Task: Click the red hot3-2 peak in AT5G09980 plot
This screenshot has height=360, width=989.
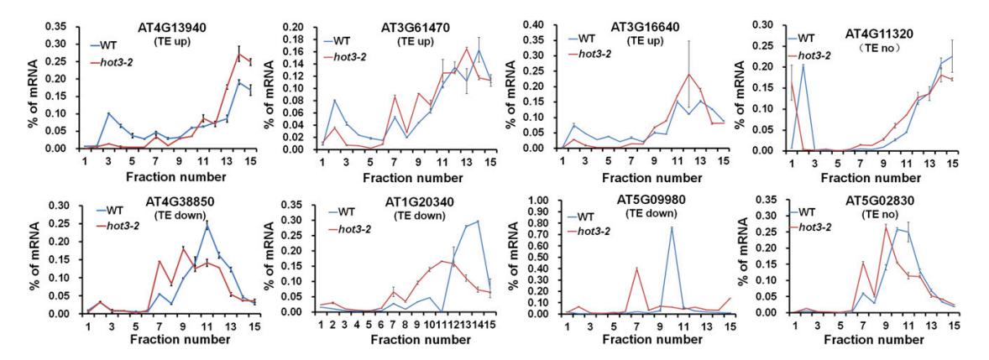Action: [x=636, y=269]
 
